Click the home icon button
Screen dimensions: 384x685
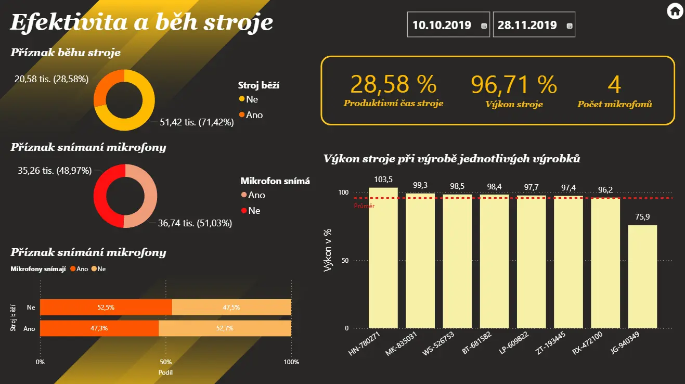[674, 10]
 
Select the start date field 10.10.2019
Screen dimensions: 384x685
[442, 25]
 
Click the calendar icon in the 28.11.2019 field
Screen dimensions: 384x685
[569, 25]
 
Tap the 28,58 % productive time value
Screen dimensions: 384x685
[393, 84]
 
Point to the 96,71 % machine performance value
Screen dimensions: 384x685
[514, 84]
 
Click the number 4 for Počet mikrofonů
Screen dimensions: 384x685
[614, 84]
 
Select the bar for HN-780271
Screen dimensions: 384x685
[383, 258]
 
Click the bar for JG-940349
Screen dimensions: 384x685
[642, 276]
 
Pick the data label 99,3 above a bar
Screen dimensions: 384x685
[420, 185]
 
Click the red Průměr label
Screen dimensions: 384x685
[364, 206]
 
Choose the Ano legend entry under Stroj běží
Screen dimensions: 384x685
[254, 115]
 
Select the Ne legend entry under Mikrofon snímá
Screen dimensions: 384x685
[254, 211]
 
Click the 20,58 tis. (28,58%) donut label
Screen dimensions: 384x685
[51, 79]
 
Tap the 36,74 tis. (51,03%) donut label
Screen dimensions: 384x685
[195, 223]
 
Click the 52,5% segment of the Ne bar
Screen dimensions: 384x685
[106, 307]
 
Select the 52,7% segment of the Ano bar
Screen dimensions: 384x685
[225, 328]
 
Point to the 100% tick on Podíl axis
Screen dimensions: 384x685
[291, 362]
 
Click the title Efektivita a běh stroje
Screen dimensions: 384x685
[141, 23]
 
